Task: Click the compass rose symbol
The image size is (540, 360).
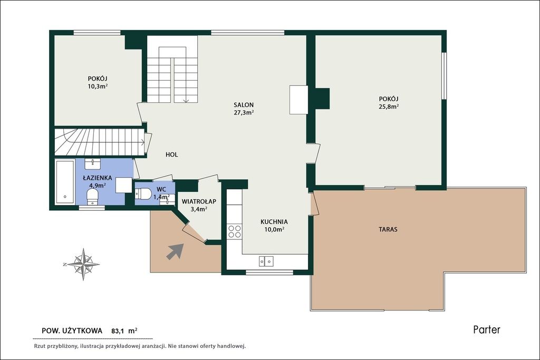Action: click(83, 264)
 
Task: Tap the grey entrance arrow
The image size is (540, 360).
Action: click(175, 251)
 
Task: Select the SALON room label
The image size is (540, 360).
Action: click(244, 105)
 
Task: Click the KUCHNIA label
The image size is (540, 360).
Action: click(274, 222)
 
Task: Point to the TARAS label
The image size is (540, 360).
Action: click(388, 229)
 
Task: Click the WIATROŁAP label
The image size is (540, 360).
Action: click(199, 201)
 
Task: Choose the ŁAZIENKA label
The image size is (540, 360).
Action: click(98, 178)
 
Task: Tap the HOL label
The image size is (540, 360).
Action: click(171, 154)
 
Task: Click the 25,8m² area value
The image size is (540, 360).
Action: click(389, 106)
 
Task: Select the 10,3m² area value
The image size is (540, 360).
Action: click(98, 86)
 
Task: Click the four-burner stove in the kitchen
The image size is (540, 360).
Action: click(235, 231)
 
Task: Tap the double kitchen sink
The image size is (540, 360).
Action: click(266, 261)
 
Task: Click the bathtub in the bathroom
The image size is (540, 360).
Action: click(65, 181)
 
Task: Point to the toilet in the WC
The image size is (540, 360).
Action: click(143, 194)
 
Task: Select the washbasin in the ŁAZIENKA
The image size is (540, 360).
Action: click(92, 164)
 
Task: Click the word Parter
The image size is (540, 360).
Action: click(487, 330)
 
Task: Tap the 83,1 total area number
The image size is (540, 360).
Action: click(117, 332)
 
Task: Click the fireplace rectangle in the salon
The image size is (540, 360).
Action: click(298, 100)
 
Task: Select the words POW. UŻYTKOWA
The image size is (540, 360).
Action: click(72, 330)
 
